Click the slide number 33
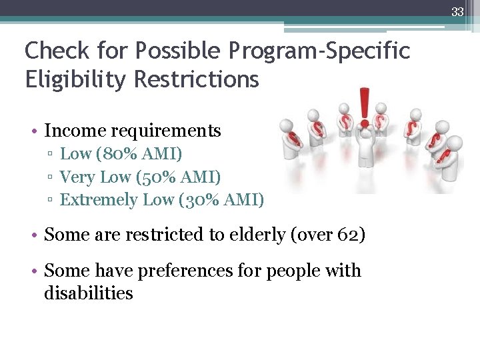pyautogui.click(x=457, y=11)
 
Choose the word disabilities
pyautogui.click(x=89, y=293)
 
